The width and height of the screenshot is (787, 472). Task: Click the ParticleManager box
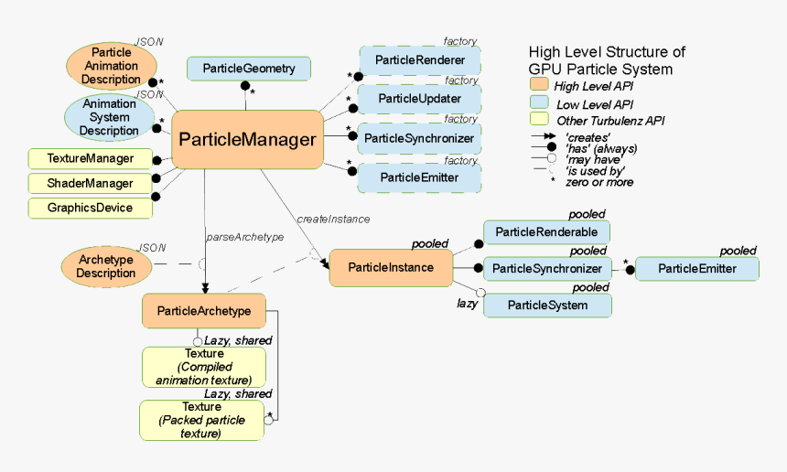(x=247, y=139)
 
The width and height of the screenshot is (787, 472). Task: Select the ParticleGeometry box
(x=248, y=68)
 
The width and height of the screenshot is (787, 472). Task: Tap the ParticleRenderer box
(x=419, y=60)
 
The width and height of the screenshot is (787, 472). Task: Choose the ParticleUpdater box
(x=419, y=99)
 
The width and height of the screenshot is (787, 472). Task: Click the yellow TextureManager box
(x=90, y=158)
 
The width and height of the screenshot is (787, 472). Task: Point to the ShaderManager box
(x=90, y=183)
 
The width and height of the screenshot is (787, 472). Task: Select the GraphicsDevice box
(x=90, y=208)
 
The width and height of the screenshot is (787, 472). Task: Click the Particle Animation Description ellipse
(x=111, y=65)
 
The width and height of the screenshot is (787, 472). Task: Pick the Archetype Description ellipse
(x=105, y=266)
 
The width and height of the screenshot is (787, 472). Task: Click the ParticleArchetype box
(x=203, y=311)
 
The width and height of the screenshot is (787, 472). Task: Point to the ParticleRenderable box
(x=546, y=232)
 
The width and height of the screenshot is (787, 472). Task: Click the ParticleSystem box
(x=546, y=305)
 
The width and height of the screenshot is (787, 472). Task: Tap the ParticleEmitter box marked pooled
(x=696, y=268)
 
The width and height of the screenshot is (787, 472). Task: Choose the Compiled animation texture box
(x=203, y=367)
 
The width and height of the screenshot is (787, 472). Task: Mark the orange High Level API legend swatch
(x=540, y=85)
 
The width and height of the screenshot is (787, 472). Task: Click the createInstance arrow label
(x=333, y=219)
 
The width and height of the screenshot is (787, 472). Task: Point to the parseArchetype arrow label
(x=244, y=237)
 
